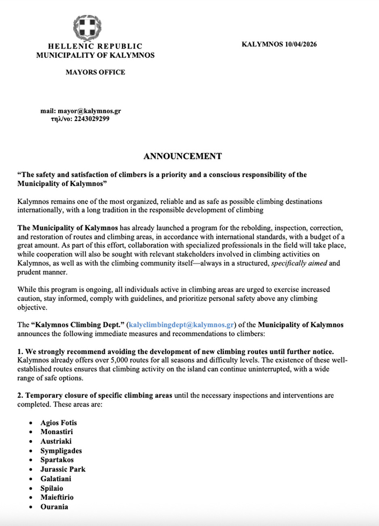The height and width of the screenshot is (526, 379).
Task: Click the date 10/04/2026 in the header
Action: click(x=301, y=45)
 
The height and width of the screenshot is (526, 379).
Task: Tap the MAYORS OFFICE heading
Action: click(x=95, y=72)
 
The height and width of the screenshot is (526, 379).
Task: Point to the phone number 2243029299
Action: click(x=91, y=119)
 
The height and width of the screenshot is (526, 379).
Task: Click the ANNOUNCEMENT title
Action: click(x=182, y=156)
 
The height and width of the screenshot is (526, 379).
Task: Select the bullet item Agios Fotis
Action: click(x=59, y=423)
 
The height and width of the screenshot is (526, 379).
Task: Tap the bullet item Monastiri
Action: click(x=57, y=432)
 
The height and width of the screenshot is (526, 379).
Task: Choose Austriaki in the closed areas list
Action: click(x=56, y=441)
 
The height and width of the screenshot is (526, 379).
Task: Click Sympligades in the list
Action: click(x=61, y=451)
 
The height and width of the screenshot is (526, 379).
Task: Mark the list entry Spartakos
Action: click(x=57, y=460)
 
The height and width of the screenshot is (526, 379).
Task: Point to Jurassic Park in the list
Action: click(x=63, y=469)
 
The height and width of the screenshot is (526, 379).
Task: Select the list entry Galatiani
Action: click(x=56, y=479)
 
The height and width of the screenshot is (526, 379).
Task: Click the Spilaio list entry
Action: click(x=52, y=488)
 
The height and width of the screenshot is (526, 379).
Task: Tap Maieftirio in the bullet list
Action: click(x=57, y=497)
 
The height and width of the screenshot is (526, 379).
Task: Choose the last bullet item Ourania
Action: click(x=54, y=507)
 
